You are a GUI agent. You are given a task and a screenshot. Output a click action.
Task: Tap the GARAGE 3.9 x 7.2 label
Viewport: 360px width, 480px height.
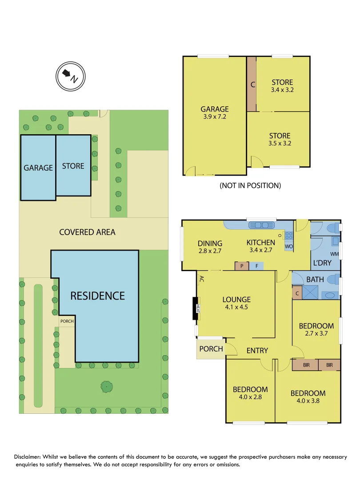coord(214,113)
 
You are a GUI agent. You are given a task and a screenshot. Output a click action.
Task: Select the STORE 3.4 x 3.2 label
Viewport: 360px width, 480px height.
coord(282,86)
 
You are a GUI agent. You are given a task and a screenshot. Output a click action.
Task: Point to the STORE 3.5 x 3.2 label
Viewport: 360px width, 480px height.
coord(280,139)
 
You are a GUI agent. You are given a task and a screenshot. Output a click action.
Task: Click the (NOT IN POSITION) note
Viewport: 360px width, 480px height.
coord(250,185)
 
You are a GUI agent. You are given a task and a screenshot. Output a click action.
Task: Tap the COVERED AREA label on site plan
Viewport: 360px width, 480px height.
coord(87,232)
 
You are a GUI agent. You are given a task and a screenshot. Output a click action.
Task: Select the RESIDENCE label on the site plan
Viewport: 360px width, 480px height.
coord(97,296)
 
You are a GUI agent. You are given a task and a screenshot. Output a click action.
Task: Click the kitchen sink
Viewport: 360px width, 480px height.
coord(260,225)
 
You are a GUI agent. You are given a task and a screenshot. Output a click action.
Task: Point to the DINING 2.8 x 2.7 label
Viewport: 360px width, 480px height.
coord(210,247)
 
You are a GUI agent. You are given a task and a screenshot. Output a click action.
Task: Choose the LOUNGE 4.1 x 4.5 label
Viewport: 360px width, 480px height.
coord(236,303)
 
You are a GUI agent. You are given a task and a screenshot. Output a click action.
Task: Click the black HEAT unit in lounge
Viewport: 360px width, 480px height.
coord(195,308)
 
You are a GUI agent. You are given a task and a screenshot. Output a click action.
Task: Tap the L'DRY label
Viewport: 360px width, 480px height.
coord(323,263)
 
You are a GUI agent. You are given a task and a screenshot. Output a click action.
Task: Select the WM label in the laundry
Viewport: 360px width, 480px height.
coord(334,254)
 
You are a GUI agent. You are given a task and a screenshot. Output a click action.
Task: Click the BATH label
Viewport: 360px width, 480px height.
coord(315,280)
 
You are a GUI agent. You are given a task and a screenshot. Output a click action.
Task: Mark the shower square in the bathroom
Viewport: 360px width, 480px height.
coord(310,292)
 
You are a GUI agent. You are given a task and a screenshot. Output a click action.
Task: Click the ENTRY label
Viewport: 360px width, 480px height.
coord(257,351)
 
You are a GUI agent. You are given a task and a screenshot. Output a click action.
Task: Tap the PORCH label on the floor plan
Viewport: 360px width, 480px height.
coord(211,349)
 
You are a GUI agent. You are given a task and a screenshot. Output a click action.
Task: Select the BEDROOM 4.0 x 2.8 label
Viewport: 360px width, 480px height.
coord(250,393)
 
